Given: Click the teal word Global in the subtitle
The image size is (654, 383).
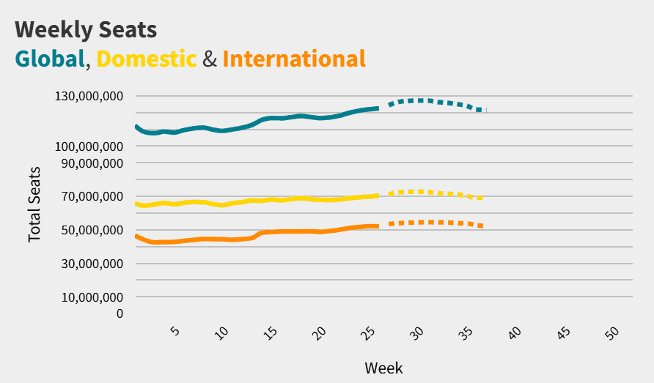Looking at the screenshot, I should coord(50,59).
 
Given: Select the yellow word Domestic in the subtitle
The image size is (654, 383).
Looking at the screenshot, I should coord(147,59).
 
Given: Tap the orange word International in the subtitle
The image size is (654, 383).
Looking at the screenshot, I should coord(293,59).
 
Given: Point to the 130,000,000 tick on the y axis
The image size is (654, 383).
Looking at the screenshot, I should coord(88,96).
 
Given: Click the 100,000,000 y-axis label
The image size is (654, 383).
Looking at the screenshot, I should coord(88,146).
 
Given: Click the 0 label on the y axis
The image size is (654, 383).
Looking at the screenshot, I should coord(120,313).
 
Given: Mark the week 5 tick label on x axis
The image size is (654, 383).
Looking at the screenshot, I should coord(174,332).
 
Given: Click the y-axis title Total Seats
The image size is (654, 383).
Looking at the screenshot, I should coord(34,205).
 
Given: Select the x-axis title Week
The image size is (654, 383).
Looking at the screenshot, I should coord(383,367).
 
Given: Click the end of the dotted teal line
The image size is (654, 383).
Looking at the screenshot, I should coord(481,111).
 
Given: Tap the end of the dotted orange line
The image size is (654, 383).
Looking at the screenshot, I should coord(481,226).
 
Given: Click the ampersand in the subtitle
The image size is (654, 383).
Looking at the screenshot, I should coord(210,59).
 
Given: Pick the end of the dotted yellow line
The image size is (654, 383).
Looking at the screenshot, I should coord(481,198).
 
